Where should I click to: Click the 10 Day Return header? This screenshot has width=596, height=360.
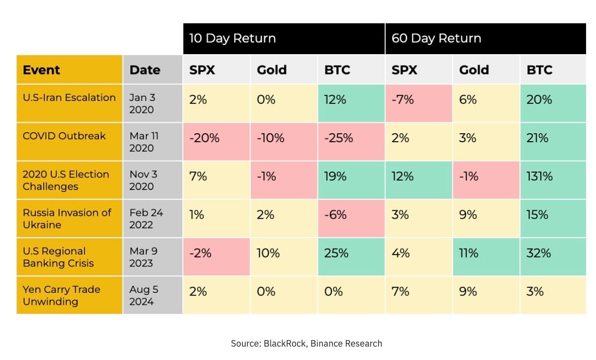pos(232,38)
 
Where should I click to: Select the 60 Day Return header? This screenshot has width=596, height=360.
pos(436,38)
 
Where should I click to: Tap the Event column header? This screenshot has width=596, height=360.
pos(41,70)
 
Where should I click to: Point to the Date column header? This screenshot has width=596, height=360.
pos(145,70)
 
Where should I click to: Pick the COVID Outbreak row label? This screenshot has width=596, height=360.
pos(64,136)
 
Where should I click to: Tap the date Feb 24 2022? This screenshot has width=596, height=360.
pos(146,219)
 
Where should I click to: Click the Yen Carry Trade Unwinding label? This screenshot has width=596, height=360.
pos(62,295)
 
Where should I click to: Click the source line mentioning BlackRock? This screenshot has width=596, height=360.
pos(306,344)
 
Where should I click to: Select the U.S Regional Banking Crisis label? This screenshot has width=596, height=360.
pos(58,257)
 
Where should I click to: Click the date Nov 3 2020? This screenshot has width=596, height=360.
pos(143,180)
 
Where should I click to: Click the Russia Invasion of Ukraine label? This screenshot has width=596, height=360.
pos(67,219)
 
